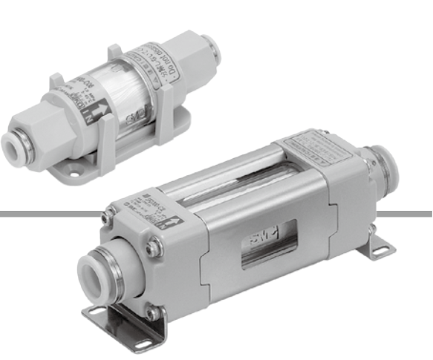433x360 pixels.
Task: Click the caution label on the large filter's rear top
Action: pyautogui.click(x=315, y=143)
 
